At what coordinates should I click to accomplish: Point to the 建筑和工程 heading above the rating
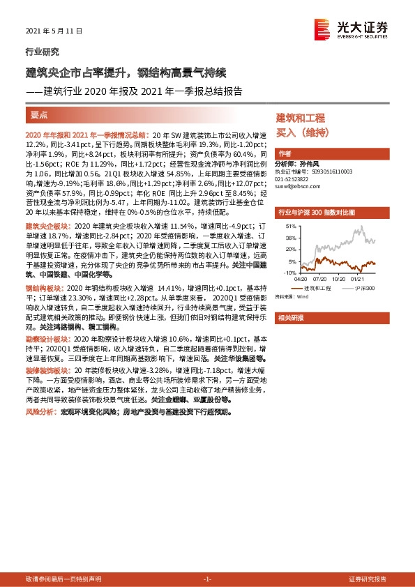301,118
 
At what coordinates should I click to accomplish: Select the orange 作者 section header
285,153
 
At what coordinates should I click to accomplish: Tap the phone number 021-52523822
294,178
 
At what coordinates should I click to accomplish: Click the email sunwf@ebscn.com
299,186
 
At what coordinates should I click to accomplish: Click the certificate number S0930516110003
329,171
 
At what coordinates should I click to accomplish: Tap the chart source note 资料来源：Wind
292,296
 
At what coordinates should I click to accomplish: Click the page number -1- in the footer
207,579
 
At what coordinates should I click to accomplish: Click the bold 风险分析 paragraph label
40,412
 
